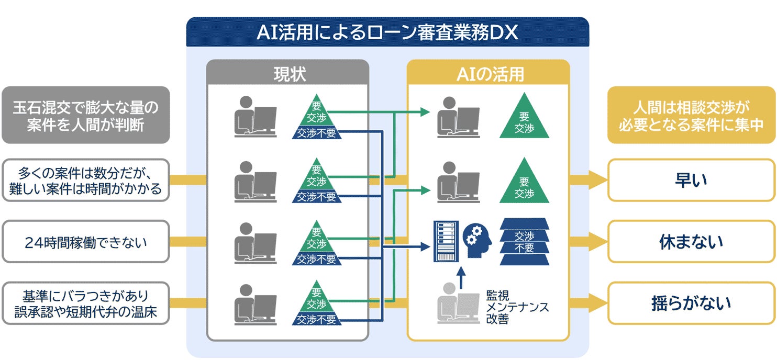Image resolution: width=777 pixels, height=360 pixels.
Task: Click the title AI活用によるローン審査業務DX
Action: coord(387,32)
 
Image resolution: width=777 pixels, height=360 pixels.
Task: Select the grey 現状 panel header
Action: coord(287,74)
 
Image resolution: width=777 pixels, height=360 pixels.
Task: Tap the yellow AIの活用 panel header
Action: coord(488,74)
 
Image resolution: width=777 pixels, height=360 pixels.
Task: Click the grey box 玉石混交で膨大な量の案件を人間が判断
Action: coord(85,116)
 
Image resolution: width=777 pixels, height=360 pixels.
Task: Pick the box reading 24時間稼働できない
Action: coord(85,242)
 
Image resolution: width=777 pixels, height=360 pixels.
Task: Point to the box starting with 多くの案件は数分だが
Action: coord(85,181)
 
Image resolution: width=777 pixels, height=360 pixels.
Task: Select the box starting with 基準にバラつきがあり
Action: coord(85,303)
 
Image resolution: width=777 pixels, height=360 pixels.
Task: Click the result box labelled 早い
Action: coord(691,181)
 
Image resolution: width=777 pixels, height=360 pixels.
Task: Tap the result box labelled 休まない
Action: coord(691,242)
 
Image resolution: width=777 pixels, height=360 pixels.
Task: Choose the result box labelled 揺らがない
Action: coord(691,303)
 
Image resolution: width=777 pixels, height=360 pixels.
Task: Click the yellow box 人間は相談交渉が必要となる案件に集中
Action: coord(691,116)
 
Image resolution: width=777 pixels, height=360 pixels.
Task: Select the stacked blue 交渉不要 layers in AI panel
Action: coord(524,242)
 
